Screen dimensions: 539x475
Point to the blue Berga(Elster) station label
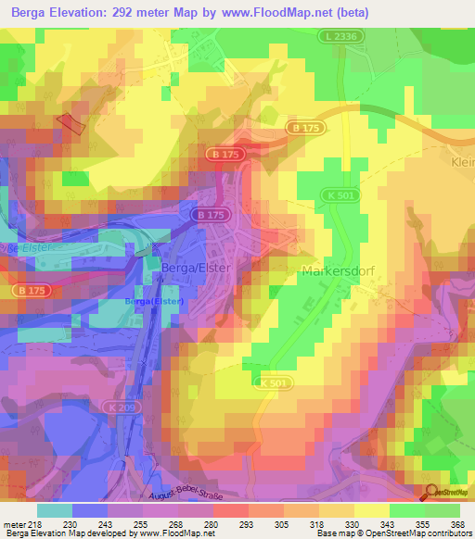coord(154,302)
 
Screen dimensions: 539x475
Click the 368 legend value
coord(456,523)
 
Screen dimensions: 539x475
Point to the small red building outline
coord(71,124)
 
